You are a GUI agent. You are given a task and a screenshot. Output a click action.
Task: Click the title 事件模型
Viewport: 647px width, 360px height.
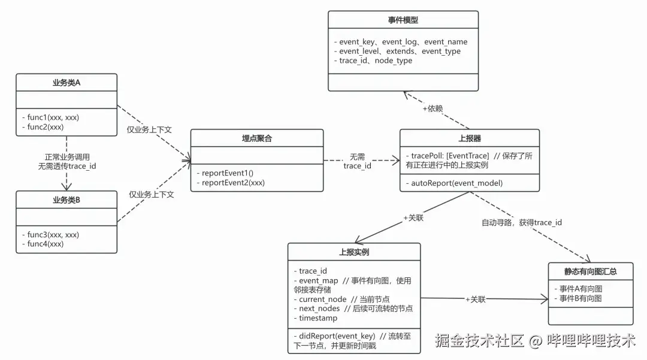tap(403, 20)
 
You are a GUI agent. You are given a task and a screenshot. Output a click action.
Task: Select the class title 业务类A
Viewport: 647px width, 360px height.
tap(66, 83)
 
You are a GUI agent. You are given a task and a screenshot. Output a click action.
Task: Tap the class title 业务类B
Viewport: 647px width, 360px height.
tap(66, 199)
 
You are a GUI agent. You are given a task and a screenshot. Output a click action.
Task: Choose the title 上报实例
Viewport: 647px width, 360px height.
tap(353, 252)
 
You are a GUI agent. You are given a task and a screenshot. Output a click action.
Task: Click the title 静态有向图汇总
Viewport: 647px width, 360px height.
tap(590, 271)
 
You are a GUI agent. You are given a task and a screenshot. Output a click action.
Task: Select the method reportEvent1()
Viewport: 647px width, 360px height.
tap(228, 173)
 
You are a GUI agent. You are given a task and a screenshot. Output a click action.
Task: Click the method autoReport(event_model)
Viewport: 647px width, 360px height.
tap(456, 183)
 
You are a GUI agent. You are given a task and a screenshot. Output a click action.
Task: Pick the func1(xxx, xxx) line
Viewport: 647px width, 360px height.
tap(50, 117)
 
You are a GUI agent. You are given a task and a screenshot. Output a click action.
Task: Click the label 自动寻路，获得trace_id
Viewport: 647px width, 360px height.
tap(522, 223)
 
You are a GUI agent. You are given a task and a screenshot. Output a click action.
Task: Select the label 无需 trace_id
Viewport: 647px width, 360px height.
tap(357, 161)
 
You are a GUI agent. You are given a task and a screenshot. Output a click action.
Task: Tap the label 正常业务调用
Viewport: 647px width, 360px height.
tap(66, 156)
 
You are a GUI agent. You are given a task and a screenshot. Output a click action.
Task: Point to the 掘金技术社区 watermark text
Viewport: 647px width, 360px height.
tap(479, 341)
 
